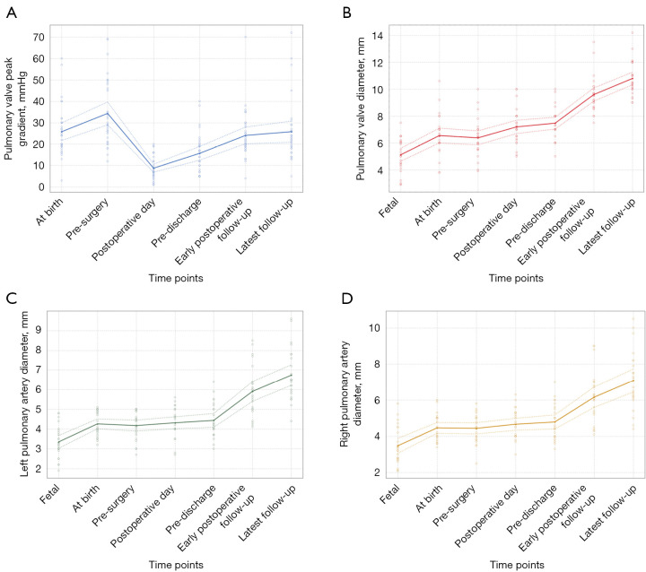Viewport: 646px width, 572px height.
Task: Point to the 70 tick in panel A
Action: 39,38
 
